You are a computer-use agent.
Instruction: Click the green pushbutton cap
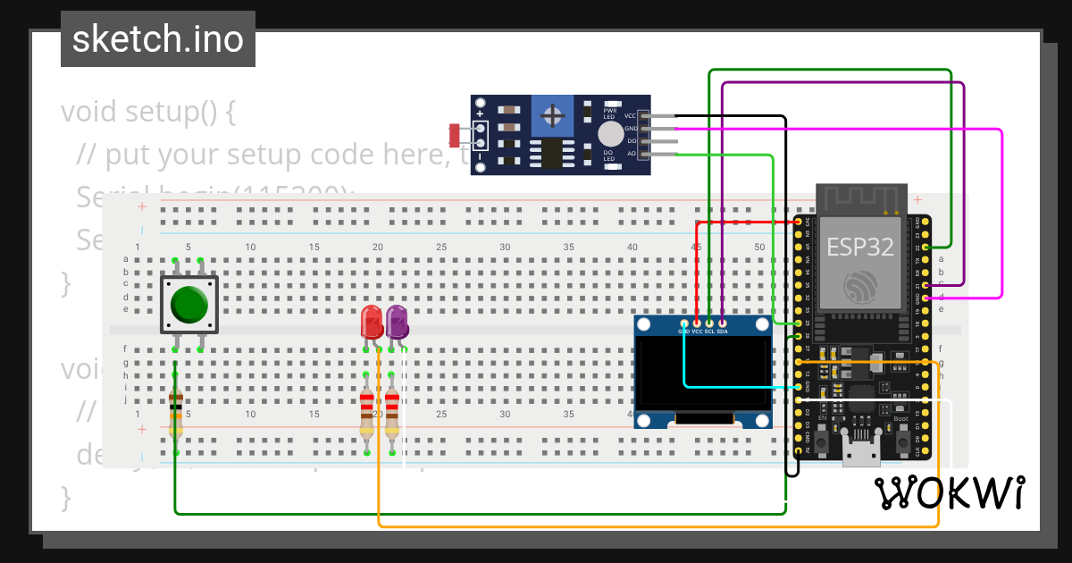[188, 305]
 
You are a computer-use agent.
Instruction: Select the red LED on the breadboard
[372, 323]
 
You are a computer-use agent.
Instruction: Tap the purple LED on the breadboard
[397, 323]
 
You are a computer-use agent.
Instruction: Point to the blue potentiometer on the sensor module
[554, 115]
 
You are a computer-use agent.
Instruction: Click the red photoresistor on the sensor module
[455, 135]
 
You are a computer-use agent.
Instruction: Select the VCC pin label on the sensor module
[631, 116]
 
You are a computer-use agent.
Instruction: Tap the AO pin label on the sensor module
[631, 154]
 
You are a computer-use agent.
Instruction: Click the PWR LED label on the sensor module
[610, 113]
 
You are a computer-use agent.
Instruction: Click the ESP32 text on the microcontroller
[859, 247]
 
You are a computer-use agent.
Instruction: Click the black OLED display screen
[703, 371]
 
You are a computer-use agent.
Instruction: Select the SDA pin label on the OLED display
[723, 332]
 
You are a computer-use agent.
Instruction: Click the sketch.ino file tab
[158, 39]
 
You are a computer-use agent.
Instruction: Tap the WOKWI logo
[950, 492]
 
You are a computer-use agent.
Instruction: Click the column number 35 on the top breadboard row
[568, 247]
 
